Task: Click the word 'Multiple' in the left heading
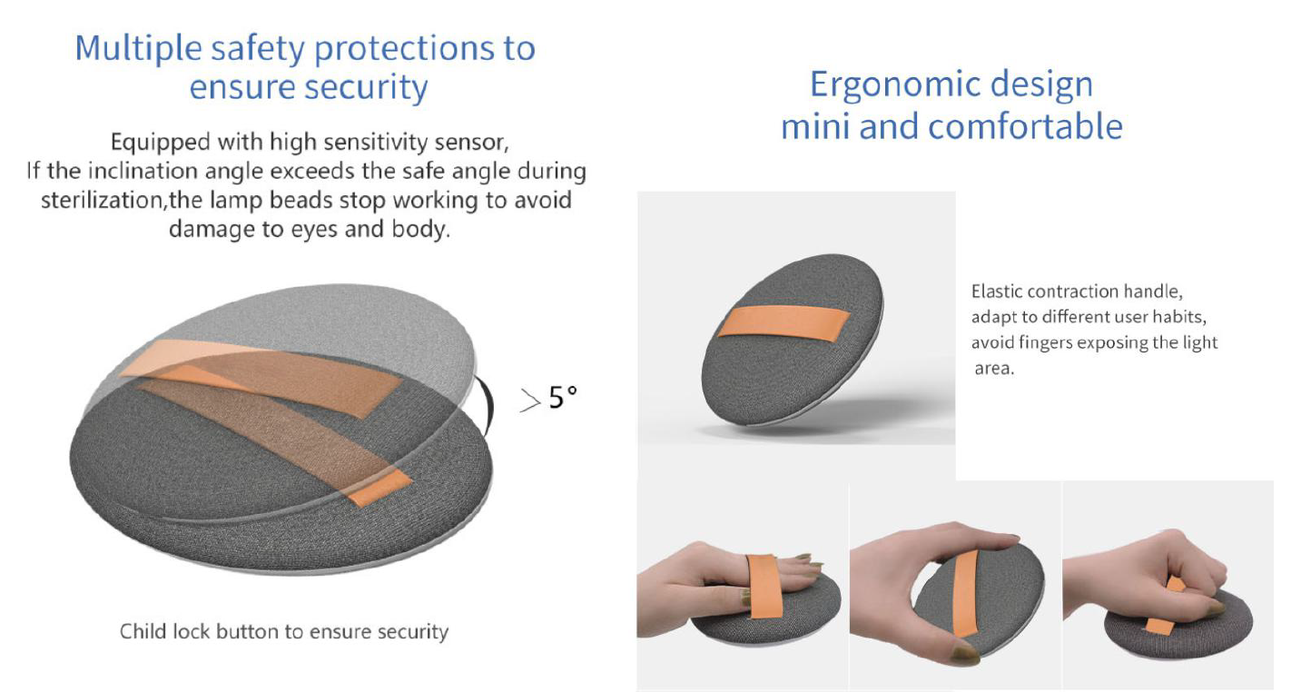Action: (x=138, y=49)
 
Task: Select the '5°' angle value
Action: (x=563, y=398)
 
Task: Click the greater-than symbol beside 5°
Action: (x=530, y=400)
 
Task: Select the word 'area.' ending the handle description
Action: (x=994, y=368)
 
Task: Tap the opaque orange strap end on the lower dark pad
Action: (x=380, y=488)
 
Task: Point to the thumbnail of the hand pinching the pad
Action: (x=955, y=586)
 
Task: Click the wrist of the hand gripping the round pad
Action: (x=1079, y=588)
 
